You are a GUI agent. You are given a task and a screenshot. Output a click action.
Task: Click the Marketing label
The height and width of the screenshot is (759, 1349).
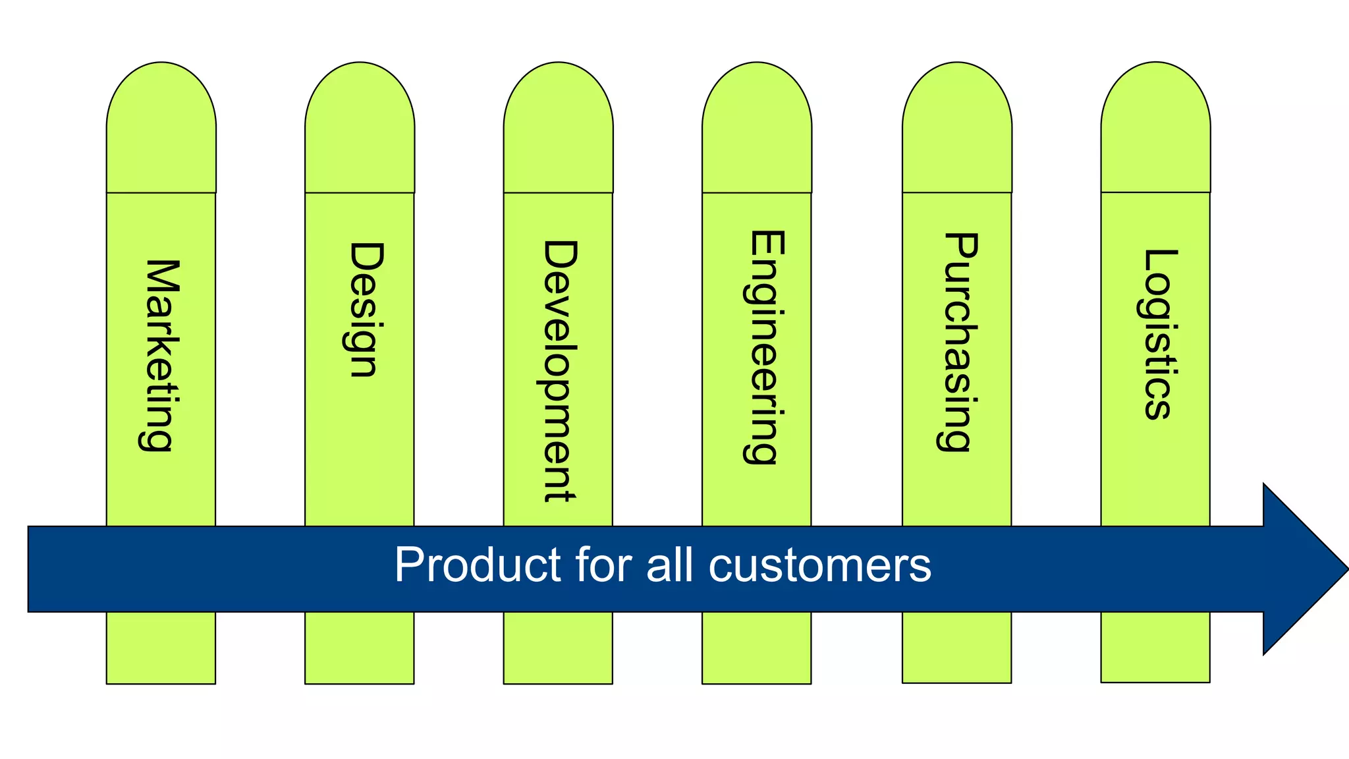click(x=159, y=355)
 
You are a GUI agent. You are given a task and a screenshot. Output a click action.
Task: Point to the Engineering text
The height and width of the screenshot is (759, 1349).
click(x=764, y=347)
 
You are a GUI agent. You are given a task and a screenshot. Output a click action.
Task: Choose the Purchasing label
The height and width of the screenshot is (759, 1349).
click(x=958, y=341)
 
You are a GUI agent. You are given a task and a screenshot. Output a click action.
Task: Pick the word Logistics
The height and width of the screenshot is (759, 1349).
click(x=1157, y=334)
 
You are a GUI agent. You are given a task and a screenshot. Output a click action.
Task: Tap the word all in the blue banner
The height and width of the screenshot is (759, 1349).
click(x=669, y=565)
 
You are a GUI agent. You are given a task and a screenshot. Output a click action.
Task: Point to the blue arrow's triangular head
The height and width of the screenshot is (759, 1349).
click(x=1301, y=569)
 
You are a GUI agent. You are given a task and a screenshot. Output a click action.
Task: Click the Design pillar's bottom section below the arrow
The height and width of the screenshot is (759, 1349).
click(x=360, y=648)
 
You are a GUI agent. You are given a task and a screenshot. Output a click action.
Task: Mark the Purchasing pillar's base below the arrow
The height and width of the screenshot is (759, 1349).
click(x=956, y=647)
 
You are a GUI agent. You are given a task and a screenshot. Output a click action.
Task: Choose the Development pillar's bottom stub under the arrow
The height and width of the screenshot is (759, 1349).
click(x=558, y=648)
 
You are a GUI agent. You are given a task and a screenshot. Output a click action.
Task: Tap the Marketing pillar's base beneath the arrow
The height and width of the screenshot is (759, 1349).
click(x=161, y=648)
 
